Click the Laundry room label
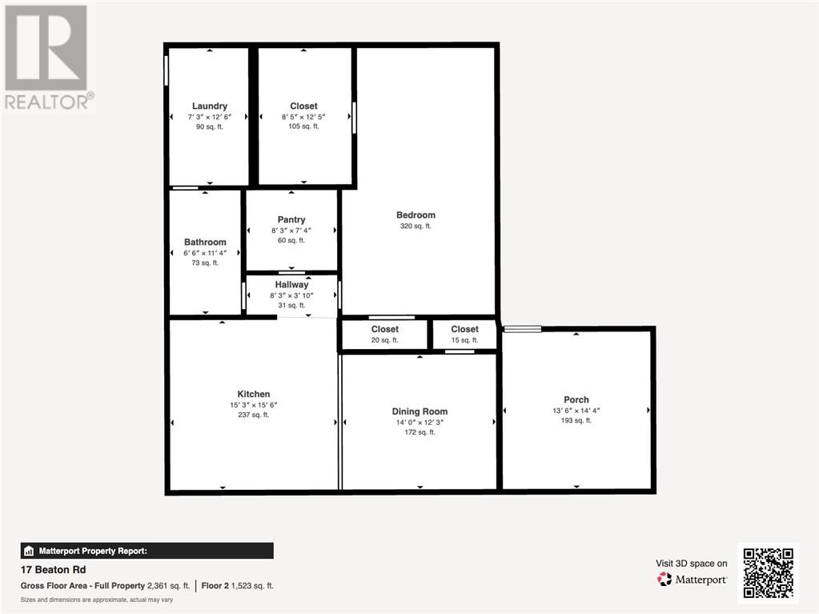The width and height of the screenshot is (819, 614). click(x=210, y=106)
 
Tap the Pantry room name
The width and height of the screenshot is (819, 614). click(x=291, y=220)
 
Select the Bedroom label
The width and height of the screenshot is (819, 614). click(x=416, y=215)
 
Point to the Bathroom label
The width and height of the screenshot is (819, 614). click(x=205, y=243)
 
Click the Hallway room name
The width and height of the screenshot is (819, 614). click(x=291, y=284)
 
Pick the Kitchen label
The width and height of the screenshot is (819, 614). click(x=253, y=394)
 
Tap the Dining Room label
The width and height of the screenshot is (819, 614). click(x=420, y=411)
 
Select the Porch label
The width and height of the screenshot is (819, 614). click(x=576, y=399)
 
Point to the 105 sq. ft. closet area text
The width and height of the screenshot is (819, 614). click(x=303, y=126)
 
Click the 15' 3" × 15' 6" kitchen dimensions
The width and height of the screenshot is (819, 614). click(x=253, y=405)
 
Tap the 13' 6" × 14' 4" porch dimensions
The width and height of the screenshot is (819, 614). click(x=576, y=411)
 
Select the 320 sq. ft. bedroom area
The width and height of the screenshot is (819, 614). click(x=416, y=226)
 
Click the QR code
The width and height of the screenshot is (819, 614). click(x=769, y=572)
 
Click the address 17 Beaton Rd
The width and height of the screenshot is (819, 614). click(x=54, y=570)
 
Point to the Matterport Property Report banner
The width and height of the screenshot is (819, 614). click(x=147, y=551)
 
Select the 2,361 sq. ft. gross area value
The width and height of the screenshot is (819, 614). click(x=168, y=586)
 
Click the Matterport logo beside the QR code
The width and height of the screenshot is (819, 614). click(x=692, y=580)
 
